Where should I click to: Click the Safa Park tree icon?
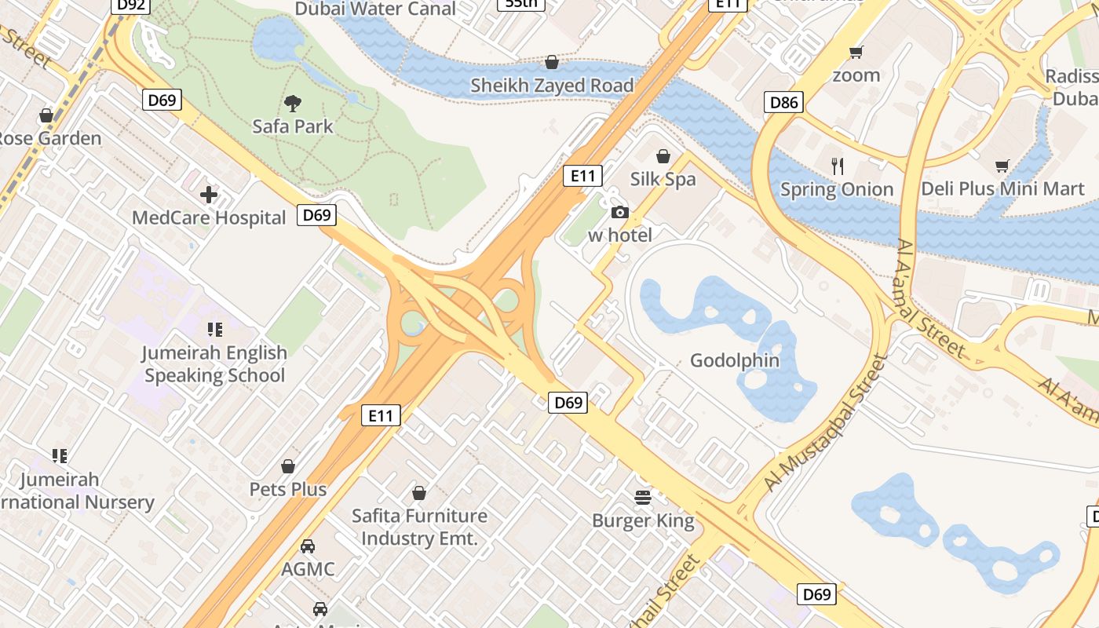[x=293, y=103]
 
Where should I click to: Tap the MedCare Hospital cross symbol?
[x=209, y=195]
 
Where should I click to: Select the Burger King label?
[x=643, y=520]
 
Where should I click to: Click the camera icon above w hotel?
[x=620, y=212]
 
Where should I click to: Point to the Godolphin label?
[x=735, y=361]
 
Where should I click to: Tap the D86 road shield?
[x=783, y=102]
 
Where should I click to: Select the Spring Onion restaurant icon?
[x=838, y=166]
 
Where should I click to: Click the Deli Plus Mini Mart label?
[x=1002, y=189]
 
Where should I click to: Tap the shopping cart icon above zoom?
[x=856, y=53]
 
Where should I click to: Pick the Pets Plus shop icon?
[x=288, y=466]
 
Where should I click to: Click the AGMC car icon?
[x=308, y=546]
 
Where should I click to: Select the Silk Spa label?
[x=663, y=179]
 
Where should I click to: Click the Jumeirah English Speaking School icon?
[x=214, y=330]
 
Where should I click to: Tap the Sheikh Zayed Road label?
[x=552, y=86]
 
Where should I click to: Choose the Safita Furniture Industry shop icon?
[x=419, y=493]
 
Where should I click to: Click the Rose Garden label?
[x=49, y=139]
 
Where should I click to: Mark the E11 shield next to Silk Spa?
[x=582, y=175]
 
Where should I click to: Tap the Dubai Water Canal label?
[x=375, y=9]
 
